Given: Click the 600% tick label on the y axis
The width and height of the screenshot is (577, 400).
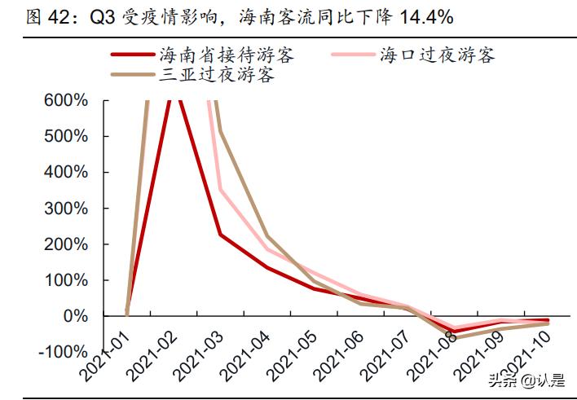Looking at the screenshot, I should (x=64, y=101).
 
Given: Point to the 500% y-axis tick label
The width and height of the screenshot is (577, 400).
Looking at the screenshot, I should (x=64, y=137).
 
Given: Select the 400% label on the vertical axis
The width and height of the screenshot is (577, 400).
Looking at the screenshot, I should (x=64, y=173).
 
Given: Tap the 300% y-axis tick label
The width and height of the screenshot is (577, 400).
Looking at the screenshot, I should (x=64, y=209).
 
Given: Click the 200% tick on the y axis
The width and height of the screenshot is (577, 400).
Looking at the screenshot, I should (x=64, y=244).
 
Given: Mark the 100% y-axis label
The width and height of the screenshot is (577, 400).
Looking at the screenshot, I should (x=64, y=280).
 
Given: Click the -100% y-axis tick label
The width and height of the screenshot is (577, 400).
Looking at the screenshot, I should (x=61, y=352).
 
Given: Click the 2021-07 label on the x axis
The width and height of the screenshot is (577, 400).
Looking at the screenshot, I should (x=383, y=362).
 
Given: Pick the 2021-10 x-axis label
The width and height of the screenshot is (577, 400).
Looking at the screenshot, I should (x=522, y=362).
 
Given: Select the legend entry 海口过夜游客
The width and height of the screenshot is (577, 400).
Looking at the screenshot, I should (x=437, y=55).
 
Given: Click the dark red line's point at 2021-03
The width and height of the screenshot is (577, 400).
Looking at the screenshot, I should (x=220, y=235).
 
